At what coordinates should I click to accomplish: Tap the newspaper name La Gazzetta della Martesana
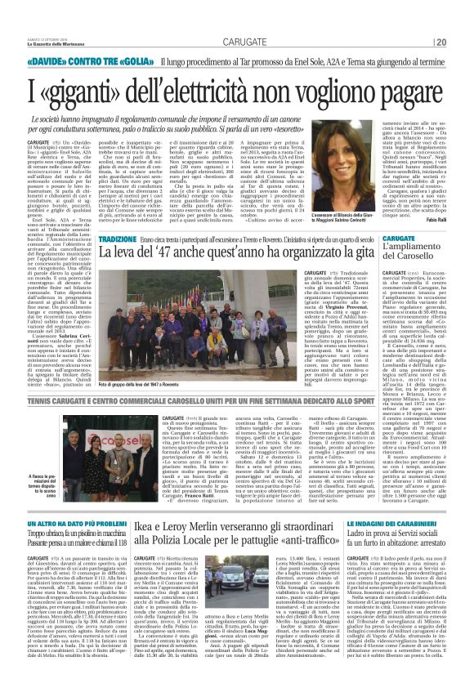[49, 22]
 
